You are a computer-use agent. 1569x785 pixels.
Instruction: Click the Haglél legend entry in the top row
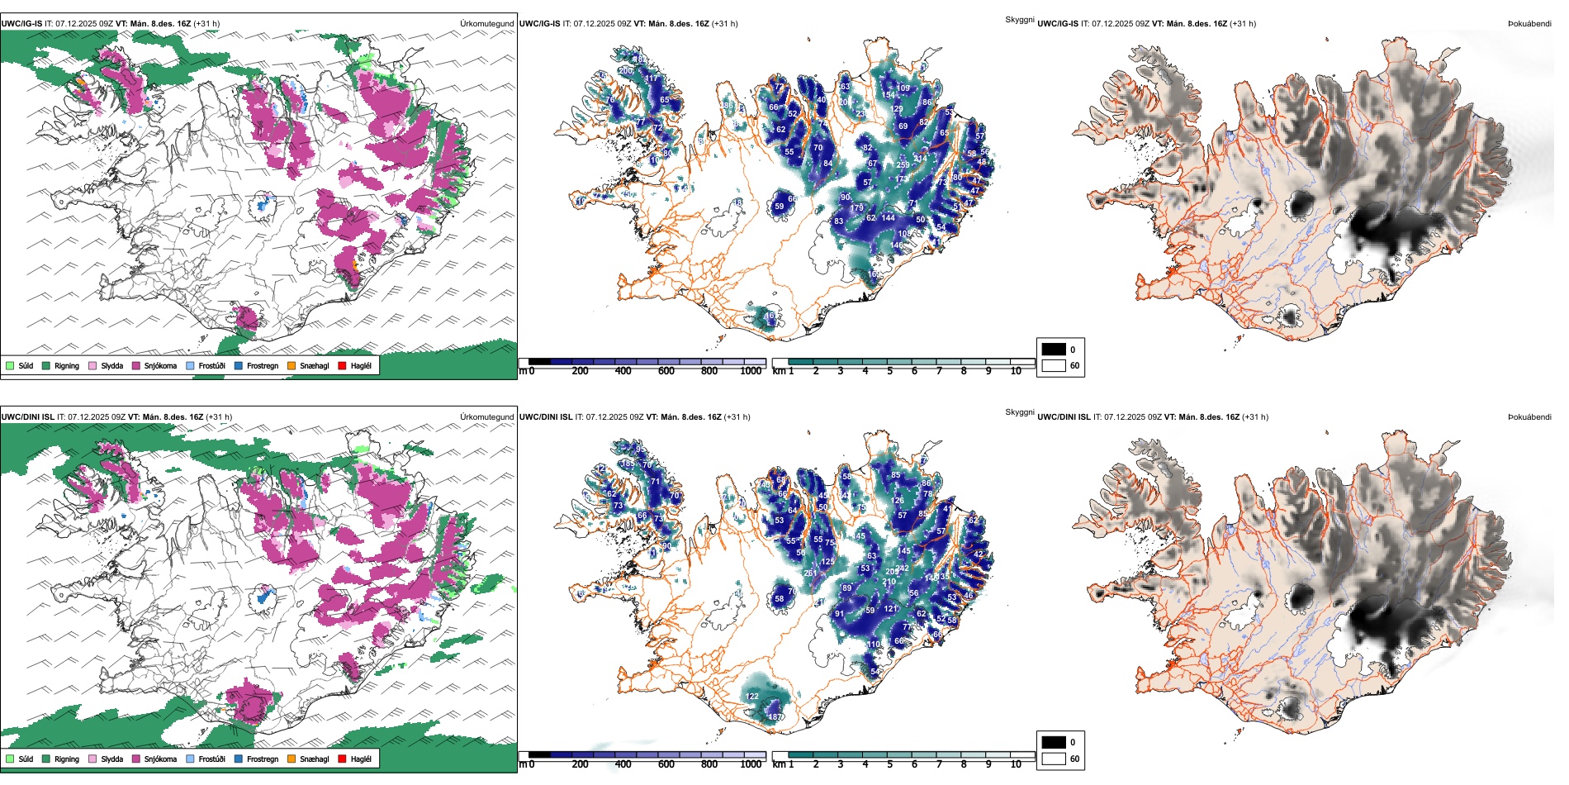tap(355, 365)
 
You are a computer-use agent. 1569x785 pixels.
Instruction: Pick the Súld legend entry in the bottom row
tap(20, 759)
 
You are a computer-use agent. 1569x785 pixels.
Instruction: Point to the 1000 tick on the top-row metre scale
tap(751, 371)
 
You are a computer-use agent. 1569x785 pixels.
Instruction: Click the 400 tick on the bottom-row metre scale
tap(623, 764)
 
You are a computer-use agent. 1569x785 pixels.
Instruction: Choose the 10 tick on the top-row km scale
tap(1016, 371)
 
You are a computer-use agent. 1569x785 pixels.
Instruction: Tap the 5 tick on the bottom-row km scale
tap(890, 764)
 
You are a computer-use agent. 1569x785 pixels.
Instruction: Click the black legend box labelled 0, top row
tap(1054, 350)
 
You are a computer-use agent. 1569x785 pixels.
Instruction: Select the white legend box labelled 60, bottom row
tap(1054, 759)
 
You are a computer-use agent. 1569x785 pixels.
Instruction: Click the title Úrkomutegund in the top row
tap(486, 24)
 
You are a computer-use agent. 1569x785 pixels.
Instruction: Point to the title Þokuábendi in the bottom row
tap(1529, 417)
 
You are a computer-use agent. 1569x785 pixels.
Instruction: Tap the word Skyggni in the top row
tap(1019, 19)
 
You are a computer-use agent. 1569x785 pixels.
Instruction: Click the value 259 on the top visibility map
tap(903, 165)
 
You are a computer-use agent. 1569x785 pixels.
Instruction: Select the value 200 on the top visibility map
tap(625, 71)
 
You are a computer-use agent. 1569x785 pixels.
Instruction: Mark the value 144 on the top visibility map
tap(888, 218)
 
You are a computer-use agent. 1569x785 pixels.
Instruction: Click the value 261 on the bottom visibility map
tap(810, 573)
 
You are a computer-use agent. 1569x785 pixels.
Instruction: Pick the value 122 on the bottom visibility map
tap(751, 697)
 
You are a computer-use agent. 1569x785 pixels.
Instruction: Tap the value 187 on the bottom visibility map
tap(775, 717)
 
